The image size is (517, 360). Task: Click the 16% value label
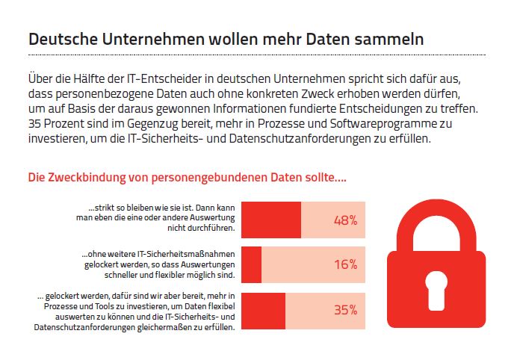345,264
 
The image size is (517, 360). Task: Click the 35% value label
345,310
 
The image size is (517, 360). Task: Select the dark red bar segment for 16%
252,264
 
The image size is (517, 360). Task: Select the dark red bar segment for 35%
264,310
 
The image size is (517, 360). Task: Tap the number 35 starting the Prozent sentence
34,123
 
